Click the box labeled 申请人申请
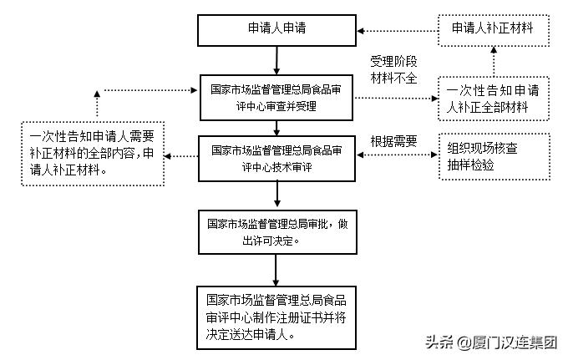[276, 28]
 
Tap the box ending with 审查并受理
[276, 97]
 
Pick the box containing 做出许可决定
[276, 232]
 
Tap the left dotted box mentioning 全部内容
[92, 154]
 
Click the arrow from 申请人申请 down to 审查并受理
[276, 60]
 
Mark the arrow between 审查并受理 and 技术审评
[276, 127]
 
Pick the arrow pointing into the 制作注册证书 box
[276, 271]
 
